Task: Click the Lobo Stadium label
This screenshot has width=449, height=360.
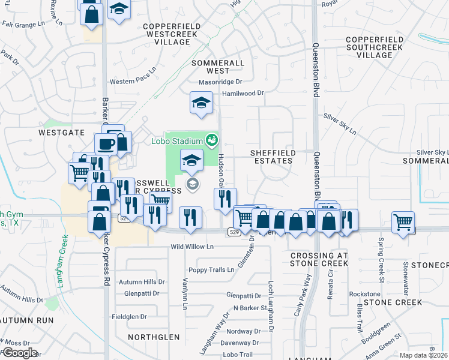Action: (x=176, y=141)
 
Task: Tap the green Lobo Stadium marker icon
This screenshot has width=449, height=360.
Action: (x=211, y=141)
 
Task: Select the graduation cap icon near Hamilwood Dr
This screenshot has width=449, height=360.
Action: (x=202, y=103)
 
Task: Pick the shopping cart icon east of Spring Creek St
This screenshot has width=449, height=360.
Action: (x=403, y=222)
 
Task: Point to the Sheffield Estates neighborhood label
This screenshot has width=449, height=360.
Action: (x=272, y=157)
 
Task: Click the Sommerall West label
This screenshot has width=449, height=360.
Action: (x=218, y=67)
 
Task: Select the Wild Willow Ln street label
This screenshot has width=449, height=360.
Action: (x=192, y=247)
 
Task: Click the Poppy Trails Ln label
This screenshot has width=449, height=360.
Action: (x=211, y=269)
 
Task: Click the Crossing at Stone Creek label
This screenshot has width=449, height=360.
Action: (x=319, y=260)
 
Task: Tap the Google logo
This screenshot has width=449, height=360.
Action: (x=19, y=352)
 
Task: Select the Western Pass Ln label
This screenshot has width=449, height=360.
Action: (x=133, y=82)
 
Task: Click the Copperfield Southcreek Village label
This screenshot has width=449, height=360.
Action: (x=378, y=47)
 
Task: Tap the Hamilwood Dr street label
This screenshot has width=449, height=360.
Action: (x=243, y=93)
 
